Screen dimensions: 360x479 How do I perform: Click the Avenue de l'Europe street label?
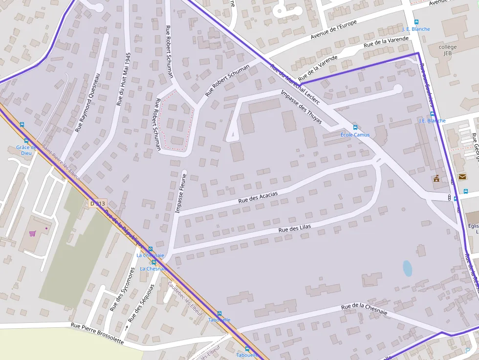pyautogui.click(x=334, y=30)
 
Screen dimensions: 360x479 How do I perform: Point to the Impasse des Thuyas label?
pyautogui.click(x=301, y=106)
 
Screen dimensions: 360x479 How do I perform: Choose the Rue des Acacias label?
pyautogui.click(x=258, y=197)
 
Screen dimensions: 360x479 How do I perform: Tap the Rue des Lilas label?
pyautogui.click(x=294, y=228)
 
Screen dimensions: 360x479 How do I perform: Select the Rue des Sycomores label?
pyautogui.click(x=122, y=290)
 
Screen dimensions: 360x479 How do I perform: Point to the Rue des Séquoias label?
pyautogui.click(x=141, y=302)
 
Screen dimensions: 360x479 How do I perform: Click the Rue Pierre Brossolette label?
pyautogui.click(x=97, y=333)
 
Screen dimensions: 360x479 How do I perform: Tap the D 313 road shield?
pyautogui.click(x=98, y=203)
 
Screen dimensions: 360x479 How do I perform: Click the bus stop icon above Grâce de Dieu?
pyautogui.click(x=26, y=140)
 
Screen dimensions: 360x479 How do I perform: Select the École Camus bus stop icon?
pyautogui.click(x=355, y=127)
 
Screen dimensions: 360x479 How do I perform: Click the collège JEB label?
pyautogui.click(x=447, y=50)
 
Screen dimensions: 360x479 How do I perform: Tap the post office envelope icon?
pyautogui.click(x=462, y=176)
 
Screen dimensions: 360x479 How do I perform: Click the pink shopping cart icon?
pyautogui.click(x=32, y=233)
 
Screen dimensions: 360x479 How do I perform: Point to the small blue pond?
pyautogui.click(x=407, y=268)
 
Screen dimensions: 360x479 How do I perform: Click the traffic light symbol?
pyautogui.click(x=449, y=197)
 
